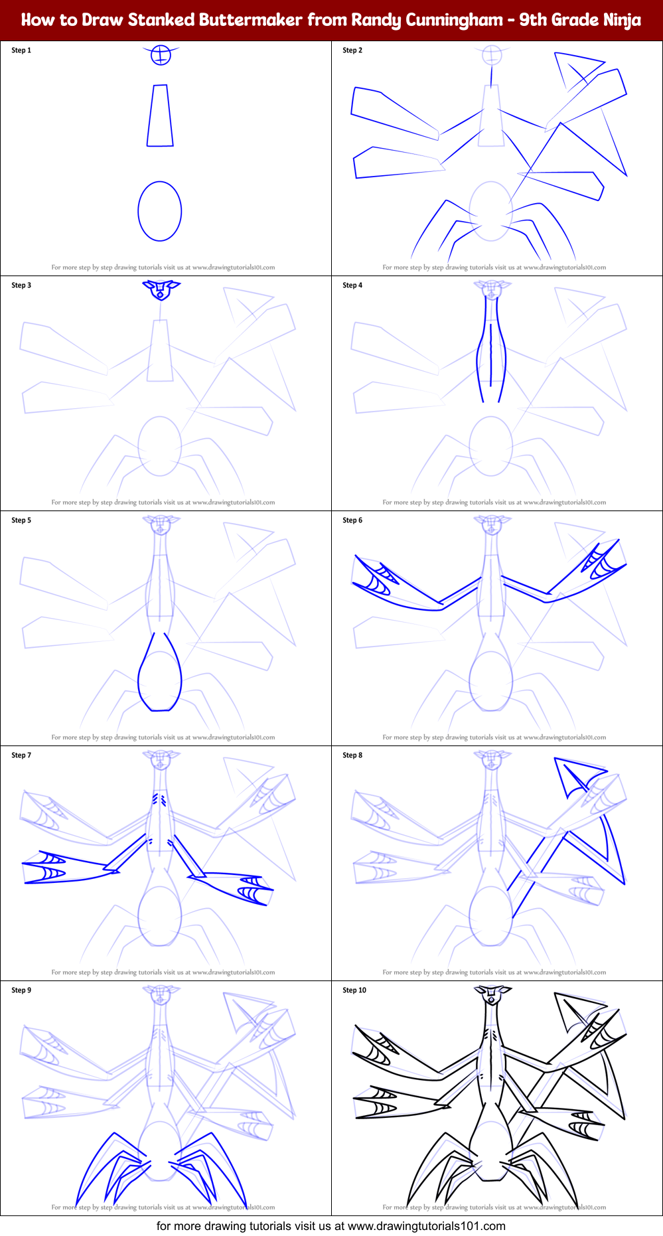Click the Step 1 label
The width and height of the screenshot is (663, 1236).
pos(21,50)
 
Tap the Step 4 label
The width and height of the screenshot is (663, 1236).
pos(352,285)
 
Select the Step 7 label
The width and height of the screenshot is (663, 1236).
pos(21,755)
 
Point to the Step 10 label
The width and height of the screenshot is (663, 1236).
pos(354,990)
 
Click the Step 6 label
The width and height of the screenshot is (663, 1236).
pos(352,520)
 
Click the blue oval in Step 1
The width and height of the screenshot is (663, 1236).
pos(160,211)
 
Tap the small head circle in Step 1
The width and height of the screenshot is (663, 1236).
pos(161,55)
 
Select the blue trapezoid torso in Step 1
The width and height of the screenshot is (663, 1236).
pos(160,116)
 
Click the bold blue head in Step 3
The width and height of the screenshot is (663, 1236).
pos(161,289)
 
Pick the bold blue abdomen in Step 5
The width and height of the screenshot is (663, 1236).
pos(160,677)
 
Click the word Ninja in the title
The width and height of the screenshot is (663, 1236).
pos(622,20)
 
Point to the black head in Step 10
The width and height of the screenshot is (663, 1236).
pos(492,996)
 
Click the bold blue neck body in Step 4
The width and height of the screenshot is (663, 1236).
pos(491,352)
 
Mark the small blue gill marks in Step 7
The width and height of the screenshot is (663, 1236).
pos(159,799)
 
